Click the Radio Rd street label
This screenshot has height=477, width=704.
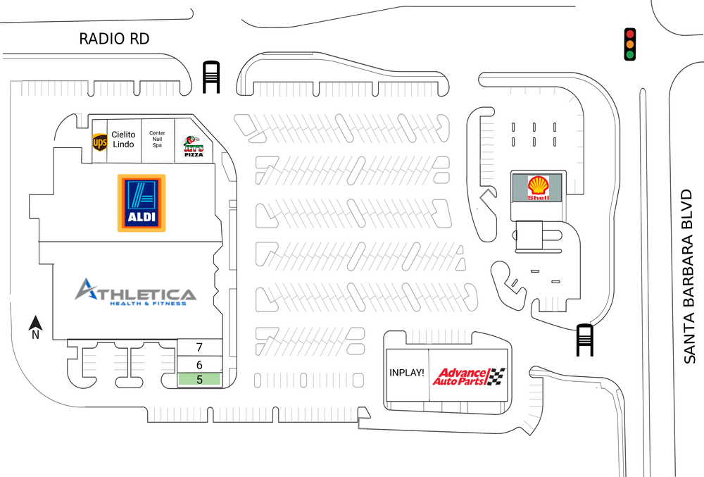click(x=114, y=39)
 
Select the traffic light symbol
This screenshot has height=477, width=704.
click(x=630, y=44)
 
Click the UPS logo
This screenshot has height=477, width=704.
click(x=100, y=143)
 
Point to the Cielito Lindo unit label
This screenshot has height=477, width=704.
click(x=123, y=139)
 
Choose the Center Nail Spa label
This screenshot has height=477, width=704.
click(x=157, y=139)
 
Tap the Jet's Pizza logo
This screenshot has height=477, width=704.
click(x=193, y=146)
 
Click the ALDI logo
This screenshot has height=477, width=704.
click(x=141, y=203)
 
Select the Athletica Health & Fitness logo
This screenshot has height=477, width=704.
click(x=135, y=292)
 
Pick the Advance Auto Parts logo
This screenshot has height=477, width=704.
click(x=468, y=376)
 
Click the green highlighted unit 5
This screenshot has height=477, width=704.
click(x=199, y=379)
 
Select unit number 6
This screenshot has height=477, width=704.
click(x=199, y=364)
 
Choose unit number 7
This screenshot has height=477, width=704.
click(x=199, y=347)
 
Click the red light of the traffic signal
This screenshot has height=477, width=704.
click(x=630, y=34)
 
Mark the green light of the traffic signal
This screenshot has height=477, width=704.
click(x=630, y=55)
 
